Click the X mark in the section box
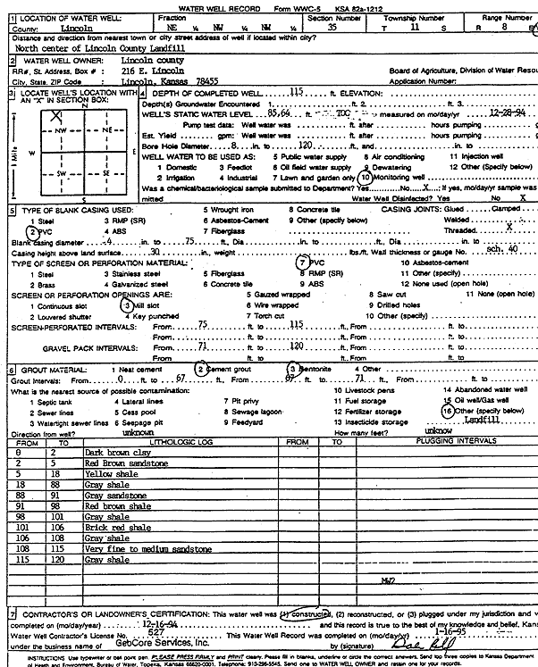click(x=57, y=115)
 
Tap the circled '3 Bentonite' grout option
click(x=312, y=369)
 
